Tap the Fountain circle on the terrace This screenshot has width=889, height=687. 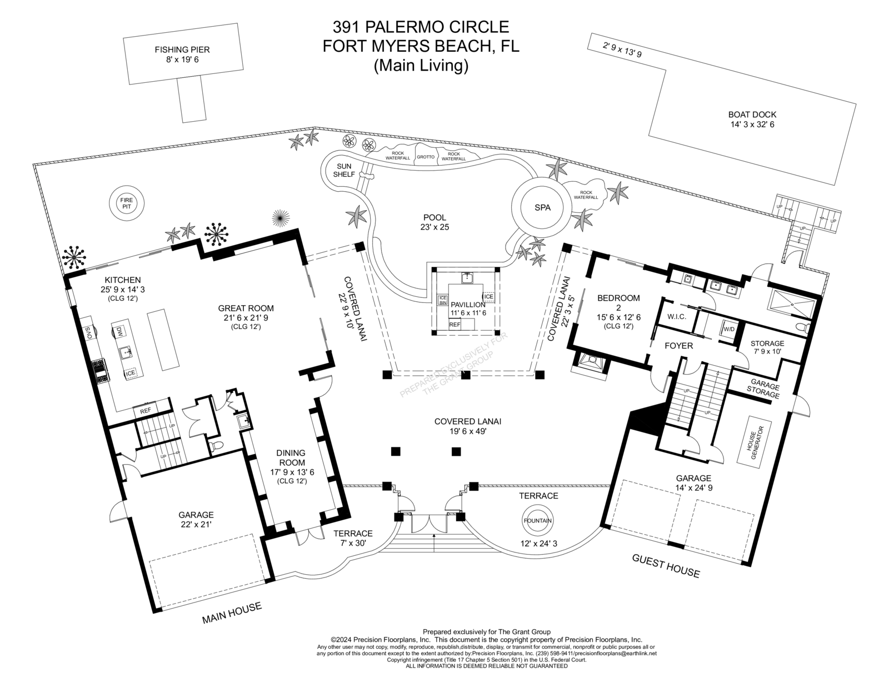(x=537, y=521)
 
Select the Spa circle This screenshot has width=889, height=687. (x=542, y=207)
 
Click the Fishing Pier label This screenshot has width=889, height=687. (x=182, y=54)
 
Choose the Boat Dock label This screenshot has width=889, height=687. (x=752, y=120)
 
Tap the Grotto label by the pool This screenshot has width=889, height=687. (x=426, y=157)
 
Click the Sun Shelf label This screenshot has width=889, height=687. (x=343, y=170)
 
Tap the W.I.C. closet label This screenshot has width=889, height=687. (x=676, y=317)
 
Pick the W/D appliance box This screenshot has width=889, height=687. (x=728, y=329)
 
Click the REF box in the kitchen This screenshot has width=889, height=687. (x=146, y=411)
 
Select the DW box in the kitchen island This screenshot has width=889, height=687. (x=119, y=332)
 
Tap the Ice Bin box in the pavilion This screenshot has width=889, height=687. (x=443, y=300)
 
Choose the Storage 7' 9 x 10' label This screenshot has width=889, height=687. (x=767, y=347)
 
